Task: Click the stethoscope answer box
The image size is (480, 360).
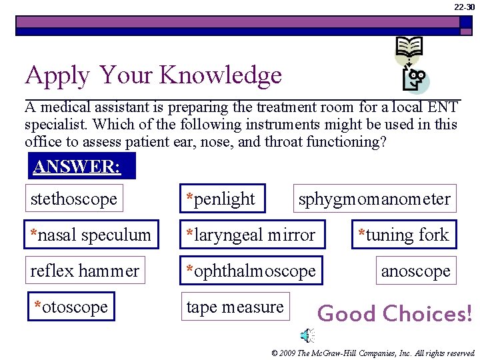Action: (74, 199)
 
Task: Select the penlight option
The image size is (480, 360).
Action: (221, 199)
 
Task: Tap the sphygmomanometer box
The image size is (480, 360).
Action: (375, 199)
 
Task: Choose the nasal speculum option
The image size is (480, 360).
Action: (91, 235)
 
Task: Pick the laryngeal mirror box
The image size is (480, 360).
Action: (251, 235)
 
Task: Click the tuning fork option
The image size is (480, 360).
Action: (404, 235)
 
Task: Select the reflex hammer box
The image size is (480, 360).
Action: (85, 271)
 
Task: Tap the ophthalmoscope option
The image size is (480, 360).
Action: (251, 271)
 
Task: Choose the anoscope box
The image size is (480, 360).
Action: (416, 271)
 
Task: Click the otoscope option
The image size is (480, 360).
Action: (71, 307)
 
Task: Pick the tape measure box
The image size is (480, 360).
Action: (235, 307)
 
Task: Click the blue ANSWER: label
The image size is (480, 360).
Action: (81, 166)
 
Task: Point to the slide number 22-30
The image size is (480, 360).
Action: (465, 7)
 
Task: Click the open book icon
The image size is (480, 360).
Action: (409, 47)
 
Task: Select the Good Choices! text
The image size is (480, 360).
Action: (395, 313)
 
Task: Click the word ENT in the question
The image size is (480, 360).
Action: (443, 107)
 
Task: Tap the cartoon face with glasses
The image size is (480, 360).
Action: (417, 80)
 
